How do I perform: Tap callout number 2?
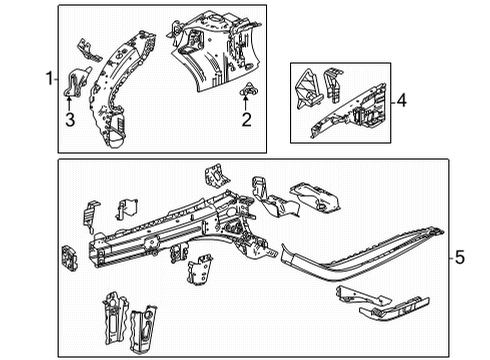coord(245,121)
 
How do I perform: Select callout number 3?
coord(69,121)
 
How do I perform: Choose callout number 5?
coord(459,259)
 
